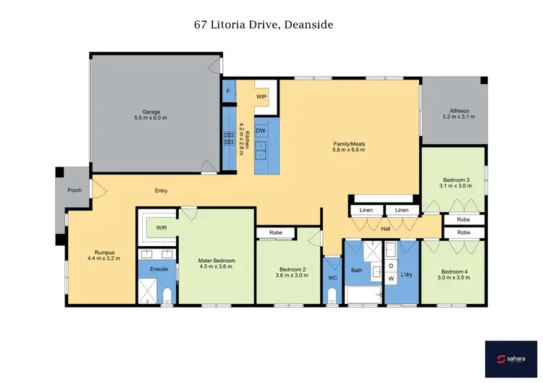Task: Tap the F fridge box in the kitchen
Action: [x=229, y=92]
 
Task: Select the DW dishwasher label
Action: [x=261, y=130]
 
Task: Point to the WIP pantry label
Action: [x=261, y=96]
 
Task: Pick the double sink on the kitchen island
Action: [x=261, y=148]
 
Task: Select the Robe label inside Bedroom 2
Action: [x=275, y=233]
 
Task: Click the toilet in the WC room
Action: [x=332, y=295]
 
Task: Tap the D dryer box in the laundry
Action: [x=392, y=266]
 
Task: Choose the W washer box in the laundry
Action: [x=392, y=278]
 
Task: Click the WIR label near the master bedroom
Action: [x=161, y=227]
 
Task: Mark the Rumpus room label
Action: [x=104, y=254]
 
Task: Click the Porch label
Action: [x=75, y=190]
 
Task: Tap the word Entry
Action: [x=161, y=190]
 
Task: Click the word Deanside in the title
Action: [x=308, y=25]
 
